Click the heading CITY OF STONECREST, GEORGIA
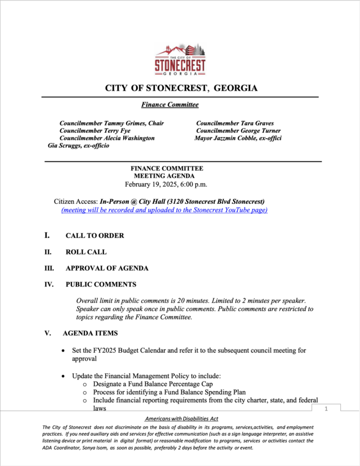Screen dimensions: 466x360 pos(181,88)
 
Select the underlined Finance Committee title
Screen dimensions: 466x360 pos(170,105)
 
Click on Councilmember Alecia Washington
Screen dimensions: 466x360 pos(107,138)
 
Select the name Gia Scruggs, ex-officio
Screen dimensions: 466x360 pos(79,145)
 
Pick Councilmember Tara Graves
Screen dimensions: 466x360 pos(235,123)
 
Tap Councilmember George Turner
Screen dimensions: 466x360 pos(238,131)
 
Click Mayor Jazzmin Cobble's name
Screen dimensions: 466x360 pos(238,138)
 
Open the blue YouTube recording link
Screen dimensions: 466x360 pos(164,210)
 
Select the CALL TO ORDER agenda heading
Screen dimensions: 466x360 pos(94,236)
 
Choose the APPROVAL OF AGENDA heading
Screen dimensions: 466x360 pos(107,268)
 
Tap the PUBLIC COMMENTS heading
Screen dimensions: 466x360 pos(101,285)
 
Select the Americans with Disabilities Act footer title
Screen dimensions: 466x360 pos(181,419)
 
